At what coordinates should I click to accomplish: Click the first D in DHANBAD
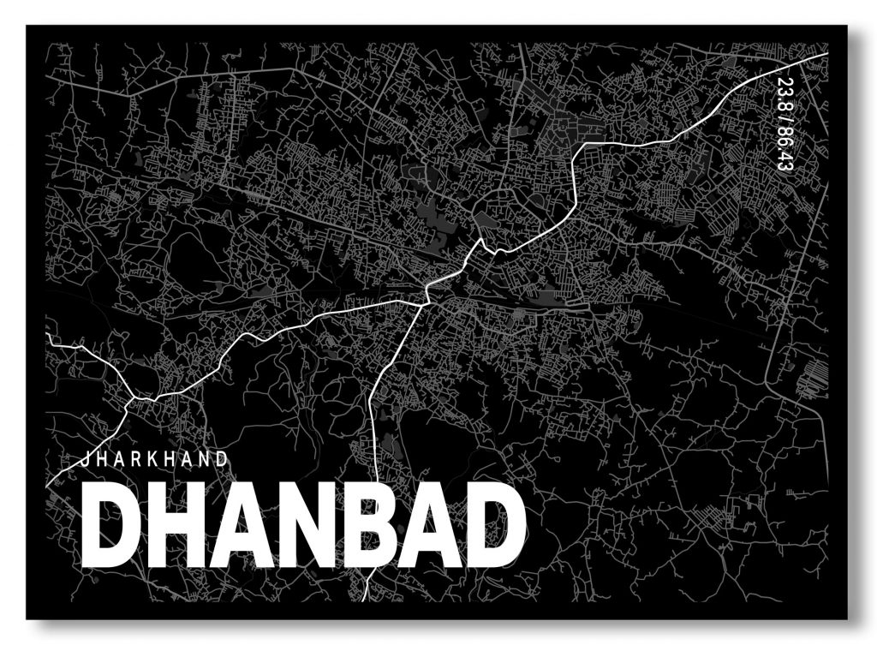pos(110,528)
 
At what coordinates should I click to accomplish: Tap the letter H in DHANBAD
pos(172,528)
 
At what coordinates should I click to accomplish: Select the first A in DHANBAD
pos(235,528)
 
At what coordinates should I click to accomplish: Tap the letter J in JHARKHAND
pos(85,459)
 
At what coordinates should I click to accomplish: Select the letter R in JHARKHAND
pos(138,459)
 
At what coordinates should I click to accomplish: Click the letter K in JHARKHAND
pos(155,459)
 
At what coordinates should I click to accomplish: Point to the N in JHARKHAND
pos(206,459)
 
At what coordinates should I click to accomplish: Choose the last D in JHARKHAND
pos(224,459)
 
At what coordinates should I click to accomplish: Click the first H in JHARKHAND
pos(102,459)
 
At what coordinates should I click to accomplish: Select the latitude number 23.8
pos(784,92)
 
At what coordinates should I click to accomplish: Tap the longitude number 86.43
pos(784,148)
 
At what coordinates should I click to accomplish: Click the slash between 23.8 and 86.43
pos(784,117)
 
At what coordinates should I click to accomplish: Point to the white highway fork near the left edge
pos(131,398)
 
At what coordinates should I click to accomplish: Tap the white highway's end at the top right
pos(825,56)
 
